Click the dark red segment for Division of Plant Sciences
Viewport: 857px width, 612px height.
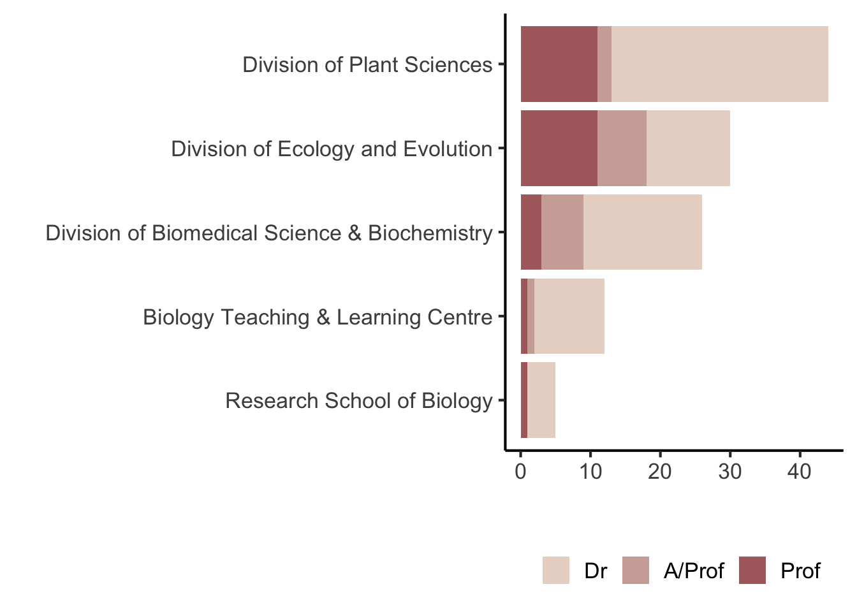coord(559,64)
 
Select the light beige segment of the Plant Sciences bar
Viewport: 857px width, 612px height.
coord(719,64)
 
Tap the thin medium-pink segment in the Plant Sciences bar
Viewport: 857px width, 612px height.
coord(604,64)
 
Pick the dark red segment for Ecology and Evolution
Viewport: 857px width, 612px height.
coord(559,148)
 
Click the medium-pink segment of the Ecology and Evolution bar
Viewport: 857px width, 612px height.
coord(622,148)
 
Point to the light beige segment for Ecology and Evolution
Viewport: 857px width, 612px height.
coord(688,148)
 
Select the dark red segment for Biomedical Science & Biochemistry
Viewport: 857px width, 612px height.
coord(531,232)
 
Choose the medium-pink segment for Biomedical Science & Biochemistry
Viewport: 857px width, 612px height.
coord(562,232)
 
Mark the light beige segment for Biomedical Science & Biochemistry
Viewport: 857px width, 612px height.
coord(642,232)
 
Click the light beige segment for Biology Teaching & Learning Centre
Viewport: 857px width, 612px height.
coord(569,316)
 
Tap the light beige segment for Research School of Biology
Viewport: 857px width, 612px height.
coord(541,400)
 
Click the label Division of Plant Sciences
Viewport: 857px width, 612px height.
coord(367,64)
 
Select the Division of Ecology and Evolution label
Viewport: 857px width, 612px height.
coord(332,149)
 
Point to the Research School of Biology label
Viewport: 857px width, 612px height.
coord(359,401)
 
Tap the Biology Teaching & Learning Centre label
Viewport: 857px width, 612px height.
coord(318,317)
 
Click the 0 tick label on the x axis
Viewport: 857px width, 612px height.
coord(521,472)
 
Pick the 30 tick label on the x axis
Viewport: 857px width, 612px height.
coord(730,472)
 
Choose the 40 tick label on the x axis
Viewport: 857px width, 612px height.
coord(800,472)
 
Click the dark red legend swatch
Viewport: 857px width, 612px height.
coord(752,570)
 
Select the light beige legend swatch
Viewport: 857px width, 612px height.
coord(556,570)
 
